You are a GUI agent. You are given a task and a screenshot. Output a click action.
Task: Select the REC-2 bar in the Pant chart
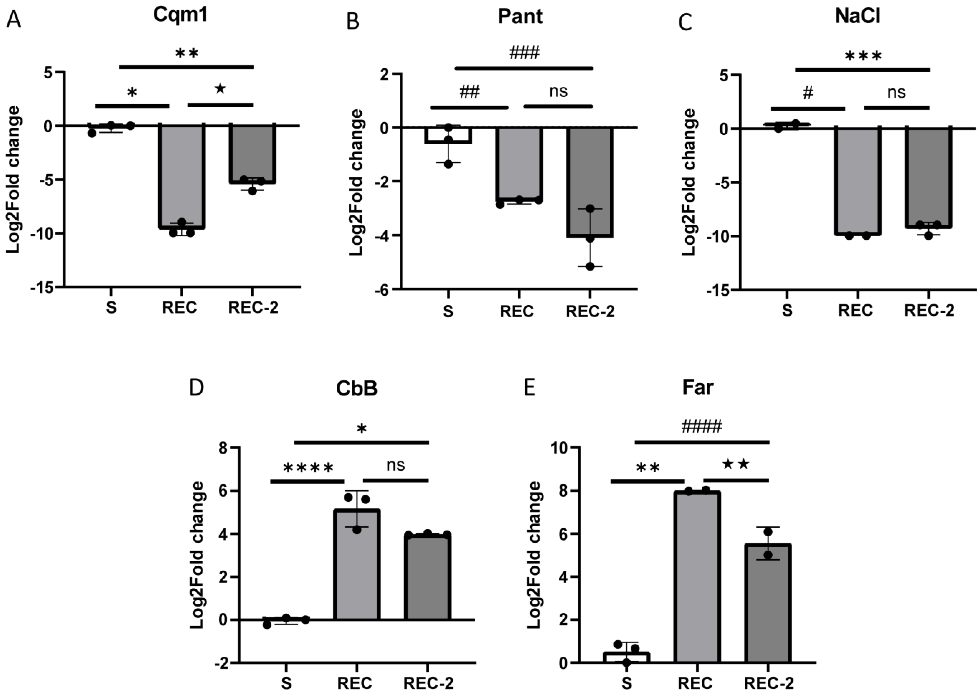pos(590,182)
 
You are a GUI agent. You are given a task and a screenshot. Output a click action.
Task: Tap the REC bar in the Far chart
pos(697,577)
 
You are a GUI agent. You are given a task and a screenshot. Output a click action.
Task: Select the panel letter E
pos(529,388)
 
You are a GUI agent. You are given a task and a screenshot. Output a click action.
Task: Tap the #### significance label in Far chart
pos(701,426)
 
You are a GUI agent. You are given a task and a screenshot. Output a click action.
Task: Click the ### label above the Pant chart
pos(524,53)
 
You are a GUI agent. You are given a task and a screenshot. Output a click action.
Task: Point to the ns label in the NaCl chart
pos(896,92)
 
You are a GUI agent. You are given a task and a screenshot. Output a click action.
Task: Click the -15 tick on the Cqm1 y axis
pos(42,287)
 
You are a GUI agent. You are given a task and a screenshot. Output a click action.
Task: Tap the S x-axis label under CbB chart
pos(286,683)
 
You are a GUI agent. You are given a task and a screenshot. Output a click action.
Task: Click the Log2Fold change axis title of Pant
pos(356,183)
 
